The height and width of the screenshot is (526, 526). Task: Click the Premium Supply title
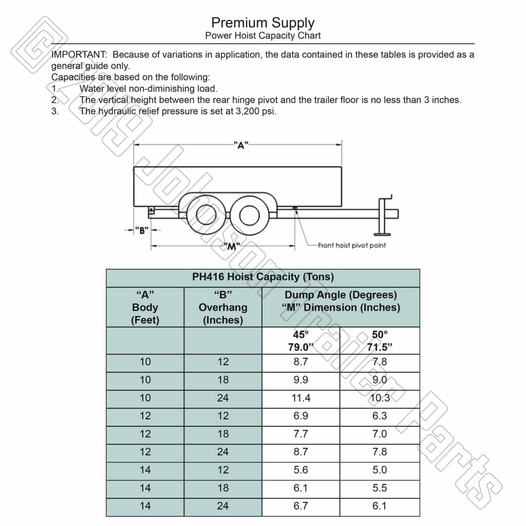coord(262,23)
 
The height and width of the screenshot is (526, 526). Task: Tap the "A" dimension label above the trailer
coord(239,145)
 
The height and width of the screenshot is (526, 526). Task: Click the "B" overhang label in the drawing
coord(141,230)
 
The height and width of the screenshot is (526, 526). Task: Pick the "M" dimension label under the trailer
coord(232,247)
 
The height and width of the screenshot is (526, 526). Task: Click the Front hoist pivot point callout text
coord(351,246)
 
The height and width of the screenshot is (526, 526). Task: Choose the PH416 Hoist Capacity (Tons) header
coord(262,277)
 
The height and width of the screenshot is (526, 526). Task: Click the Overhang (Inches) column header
coord(223,308)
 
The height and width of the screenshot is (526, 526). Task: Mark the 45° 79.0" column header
coord(300,341)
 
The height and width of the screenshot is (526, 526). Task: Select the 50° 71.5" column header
coord(380,341)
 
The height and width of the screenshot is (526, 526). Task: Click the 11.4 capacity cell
coord(300,398)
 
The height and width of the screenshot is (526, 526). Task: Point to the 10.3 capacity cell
coord(380,398)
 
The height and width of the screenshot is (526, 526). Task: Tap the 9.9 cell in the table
coord(300,380)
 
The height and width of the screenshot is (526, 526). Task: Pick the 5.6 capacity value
coord(300,470)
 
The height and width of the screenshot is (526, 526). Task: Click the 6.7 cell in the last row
coord(300,506)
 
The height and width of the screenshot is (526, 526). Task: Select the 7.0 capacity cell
coord(380,434)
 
